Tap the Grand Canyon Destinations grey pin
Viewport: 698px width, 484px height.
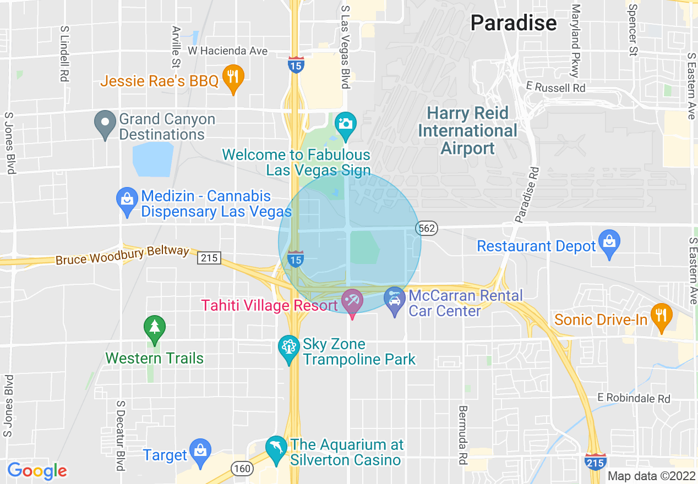(x=105, y=124)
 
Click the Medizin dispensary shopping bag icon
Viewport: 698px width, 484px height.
(x=127, y=201)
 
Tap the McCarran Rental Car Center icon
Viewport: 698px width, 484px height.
(x=394, y=300)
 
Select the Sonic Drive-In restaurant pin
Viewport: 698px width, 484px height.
(x=661, y=317)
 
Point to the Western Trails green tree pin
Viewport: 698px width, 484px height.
(x=155, y=328)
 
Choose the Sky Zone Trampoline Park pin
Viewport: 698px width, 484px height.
(x=288, y=349)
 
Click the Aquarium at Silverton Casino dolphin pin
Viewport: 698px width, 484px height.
(x=276, y=448)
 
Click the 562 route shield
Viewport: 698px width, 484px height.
(x=427, y=228)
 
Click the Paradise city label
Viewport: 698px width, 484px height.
(x=513, y=23)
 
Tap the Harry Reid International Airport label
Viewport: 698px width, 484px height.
(x=468, y=131)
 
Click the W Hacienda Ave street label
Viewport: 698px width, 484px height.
(x=227, y=51)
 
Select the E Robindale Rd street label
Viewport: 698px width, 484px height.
(x=635, y=398)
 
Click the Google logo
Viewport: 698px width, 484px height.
(x=37, y=471)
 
